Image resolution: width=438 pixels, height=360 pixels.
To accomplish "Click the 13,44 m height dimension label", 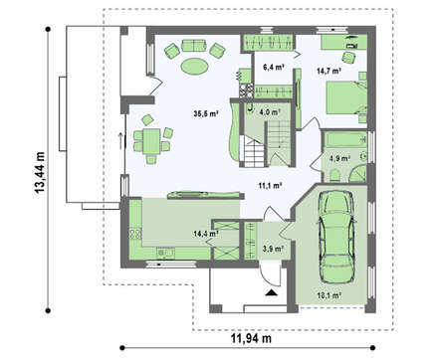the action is point(39,172).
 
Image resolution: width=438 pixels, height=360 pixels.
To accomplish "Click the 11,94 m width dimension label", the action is point(251,338).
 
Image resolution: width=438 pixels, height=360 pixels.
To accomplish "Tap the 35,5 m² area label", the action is point(206,113).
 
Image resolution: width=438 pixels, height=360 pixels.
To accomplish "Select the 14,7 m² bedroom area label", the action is point(328,71).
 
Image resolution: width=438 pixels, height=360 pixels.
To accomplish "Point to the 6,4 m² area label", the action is point(274,68).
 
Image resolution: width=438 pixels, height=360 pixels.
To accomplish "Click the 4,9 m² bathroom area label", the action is point(339,159).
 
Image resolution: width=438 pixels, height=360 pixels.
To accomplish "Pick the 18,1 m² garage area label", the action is point(329,295).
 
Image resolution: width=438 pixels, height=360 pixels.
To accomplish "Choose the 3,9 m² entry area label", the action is point(273,249).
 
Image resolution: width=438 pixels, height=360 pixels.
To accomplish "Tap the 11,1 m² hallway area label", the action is point(271,186).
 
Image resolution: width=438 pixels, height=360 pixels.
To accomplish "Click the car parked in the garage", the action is point(336,237).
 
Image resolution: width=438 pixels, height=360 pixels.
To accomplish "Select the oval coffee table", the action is point(194,66).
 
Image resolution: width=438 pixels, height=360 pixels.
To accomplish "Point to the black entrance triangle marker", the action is point(272,292).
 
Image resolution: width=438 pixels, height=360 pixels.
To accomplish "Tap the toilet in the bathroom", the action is point(334,176).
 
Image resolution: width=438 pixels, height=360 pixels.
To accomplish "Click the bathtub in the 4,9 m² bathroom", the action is point(345,140).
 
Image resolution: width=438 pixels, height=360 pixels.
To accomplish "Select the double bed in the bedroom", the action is point(346,97).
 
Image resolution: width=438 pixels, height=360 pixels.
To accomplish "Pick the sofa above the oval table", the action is point(194,46).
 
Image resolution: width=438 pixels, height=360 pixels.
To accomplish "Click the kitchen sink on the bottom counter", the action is point(165,254).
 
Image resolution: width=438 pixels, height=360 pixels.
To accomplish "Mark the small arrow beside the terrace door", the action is point(120,139).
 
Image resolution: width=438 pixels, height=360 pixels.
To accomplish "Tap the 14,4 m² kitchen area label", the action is point(206,234).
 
